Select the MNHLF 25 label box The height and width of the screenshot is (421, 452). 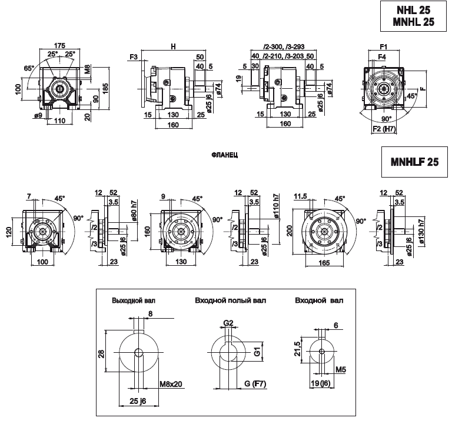pyautogui.click(x=414, y=163)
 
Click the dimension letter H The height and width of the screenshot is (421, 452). pyautogui.click(x=172, y=45)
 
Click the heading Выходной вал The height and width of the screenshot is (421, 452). pyautogui.click(x=134, y=300)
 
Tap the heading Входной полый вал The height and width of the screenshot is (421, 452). pyautogui.click(x=230, y=300)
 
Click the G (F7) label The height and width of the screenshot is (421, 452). pyautogui.click(x=255, y=385)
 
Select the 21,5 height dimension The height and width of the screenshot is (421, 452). pyautogui.click(x=298, y=349)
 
